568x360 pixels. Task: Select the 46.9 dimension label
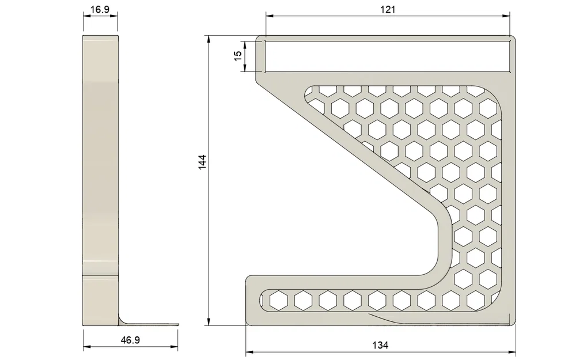point(130,340)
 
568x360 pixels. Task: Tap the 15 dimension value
point(237,56)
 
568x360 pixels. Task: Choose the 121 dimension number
point(387,9)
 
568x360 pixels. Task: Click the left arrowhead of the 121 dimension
point(268,17)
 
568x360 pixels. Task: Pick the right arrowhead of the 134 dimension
point(512,351)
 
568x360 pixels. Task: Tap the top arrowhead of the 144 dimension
point(209,39)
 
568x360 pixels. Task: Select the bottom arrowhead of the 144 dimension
point(209,323)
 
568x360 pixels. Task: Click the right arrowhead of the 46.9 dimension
point(175,347)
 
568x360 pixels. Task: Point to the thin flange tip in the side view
point(173,324)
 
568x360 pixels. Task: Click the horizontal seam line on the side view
point(101,276)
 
